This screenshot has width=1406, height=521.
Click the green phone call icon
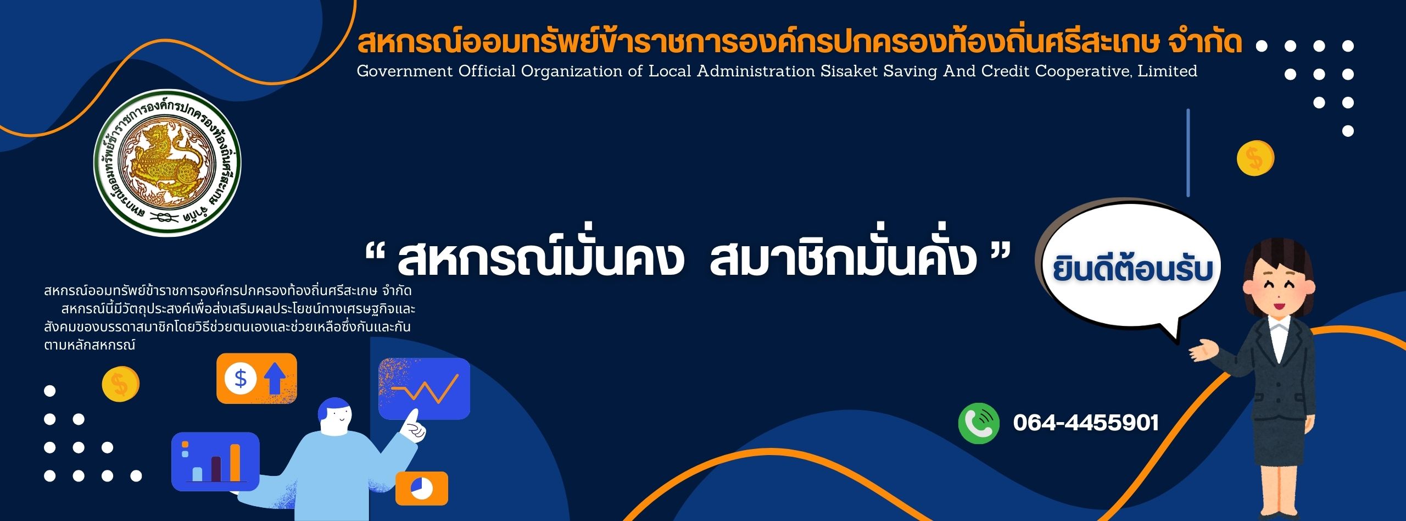[979, 423]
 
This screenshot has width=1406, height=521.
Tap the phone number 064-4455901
[1086, 423]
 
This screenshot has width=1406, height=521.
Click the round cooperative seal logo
[167, 163]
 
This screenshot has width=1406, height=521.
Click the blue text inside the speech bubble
[1132, 269]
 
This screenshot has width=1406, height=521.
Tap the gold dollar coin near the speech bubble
[1255, 158]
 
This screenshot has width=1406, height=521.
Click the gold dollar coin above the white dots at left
[120, 384]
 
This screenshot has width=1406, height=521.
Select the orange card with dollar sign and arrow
[256, 378]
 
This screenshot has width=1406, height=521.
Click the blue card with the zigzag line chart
[424, 389]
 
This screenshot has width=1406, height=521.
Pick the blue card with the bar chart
[215, 462]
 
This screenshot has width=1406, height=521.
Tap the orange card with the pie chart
[422, 488]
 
